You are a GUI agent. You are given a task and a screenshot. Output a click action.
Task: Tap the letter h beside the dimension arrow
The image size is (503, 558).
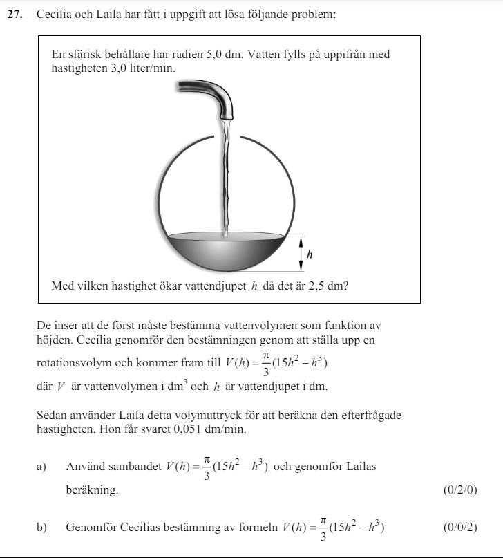[x=310, y=254]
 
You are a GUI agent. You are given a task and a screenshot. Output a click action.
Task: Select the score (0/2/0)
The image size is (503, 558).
[x=459, y=490]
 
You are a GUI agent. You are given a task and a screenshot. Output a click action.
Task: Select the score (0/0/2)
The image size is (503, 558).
[x=459, y=528]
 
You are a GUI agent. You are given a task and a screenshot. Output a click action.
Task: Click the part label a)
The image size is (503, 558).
[x=41, y=467]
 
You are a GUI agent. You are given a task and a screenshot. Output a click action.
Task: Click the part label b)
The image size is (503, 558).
[x=41, y=528]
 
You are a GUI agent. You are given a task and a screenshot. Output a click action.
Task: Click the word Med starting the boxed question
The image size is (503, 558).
[x=62, y=286]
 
